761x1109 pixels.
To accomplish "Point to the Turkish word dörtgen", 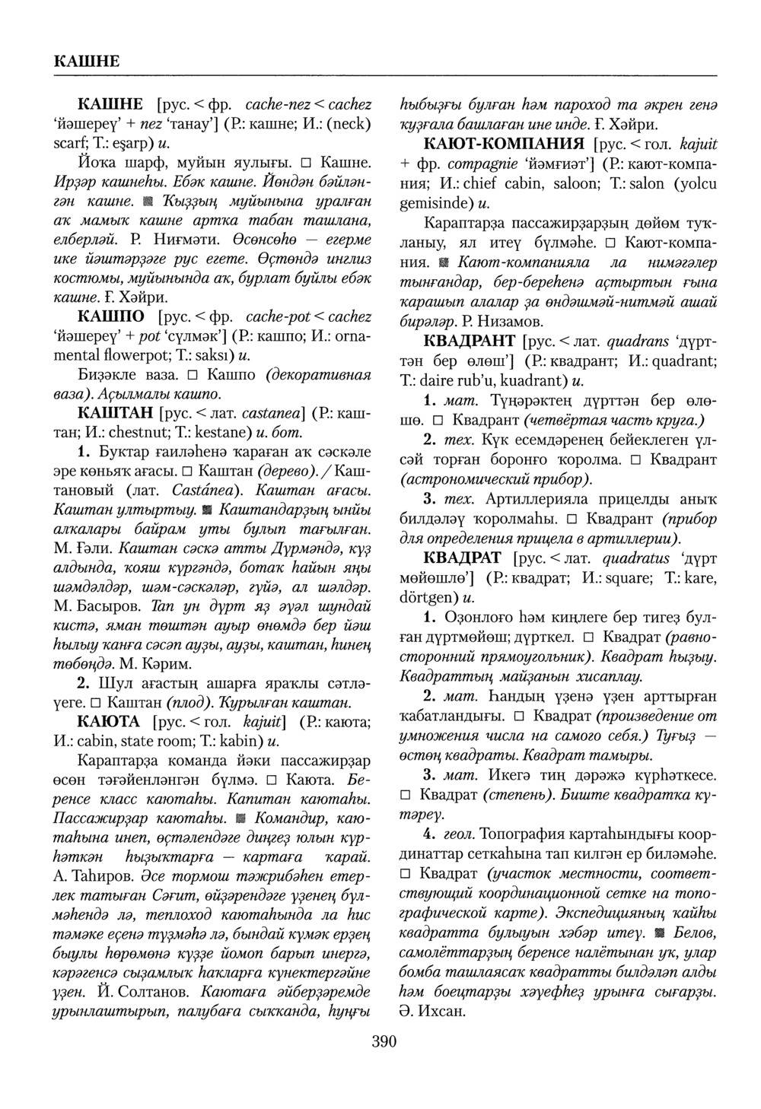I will (x=428, y=598).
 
